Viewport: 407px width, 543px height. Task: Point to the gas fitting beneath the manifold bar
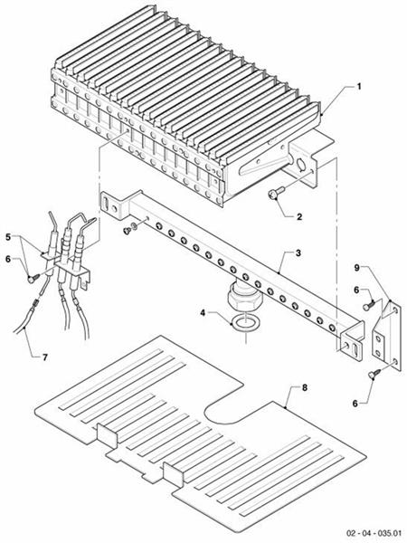(x=241, y=297)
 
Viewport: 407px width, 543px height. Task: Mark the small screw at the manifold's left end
(x=126, y=232)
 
